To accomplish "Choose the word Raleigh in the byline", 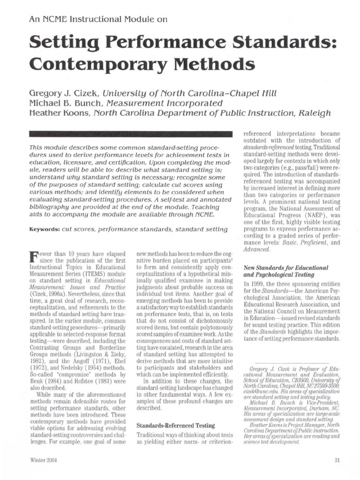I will pyautogui.click(x=315, y=112).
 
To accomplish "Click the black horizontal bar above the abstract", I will pyautogui.click(x=131, y=134).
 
